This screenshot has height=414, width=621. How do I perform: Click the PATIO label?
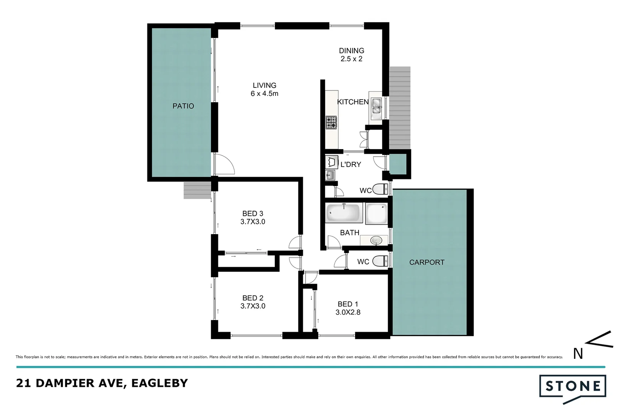click(183, 106)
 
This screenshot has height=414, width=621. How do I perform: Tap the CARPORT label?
click(426, 263)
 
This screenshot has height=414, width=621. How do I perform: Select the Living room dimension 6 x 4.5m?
click(264, 94)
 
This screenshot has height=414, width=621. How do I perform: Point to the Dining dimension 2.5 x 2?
click(351, 59)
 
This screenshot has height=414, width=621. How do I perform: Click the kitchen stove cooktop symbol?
click(331, 123)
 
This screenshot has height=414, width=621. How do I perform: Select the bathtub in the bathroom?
click(344, 213)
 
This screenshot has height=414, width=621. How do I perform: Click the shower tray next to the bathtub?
click(376, 214)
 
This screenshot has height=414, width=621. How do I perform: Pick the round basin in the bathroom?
click(376, 241)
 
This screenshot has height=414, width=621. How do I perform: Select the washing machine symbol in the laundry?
click(332, 162)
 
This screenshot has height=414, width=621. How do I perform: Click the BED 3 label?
click(253, 214)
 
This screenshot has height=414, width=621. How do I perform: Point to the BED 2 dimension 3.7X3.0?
click(253, 306)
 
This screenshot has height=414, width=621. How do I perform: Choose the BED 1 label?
click(348, 304)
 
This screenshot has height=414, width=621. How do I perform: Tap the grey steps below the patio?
click(197, 190)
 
